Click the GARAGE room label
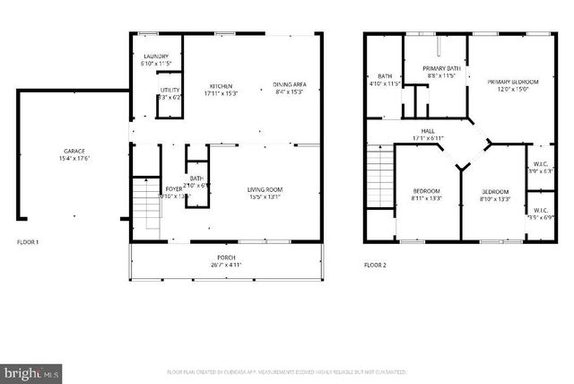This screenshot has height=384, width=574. tap(74, 151)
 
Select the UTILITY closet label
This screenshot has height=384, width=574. tap(170, 90)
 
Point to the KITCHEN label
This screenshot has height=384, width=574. tap(222, 85)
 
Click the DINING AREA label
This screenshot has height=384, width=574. tap(288, 85)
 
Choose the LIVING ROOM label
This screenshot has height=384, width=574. tap(265, 189)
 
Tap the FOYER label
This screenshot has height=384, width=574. tap(174, 189)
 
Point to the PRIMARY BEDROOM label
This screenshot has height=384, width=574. tap(509, 82)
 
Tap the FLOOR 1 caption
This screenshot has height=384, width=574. tap(29, 243)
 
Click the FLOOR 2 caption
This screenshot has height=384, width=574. tap(375, 265)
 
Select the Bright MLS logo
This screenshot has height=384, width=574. tap(31, 370)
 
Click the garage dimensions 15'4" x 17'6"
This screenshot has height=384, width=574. tap(74, 159)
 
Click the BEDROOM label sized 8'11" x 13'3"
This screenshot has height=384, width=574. tap(426, 191)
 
